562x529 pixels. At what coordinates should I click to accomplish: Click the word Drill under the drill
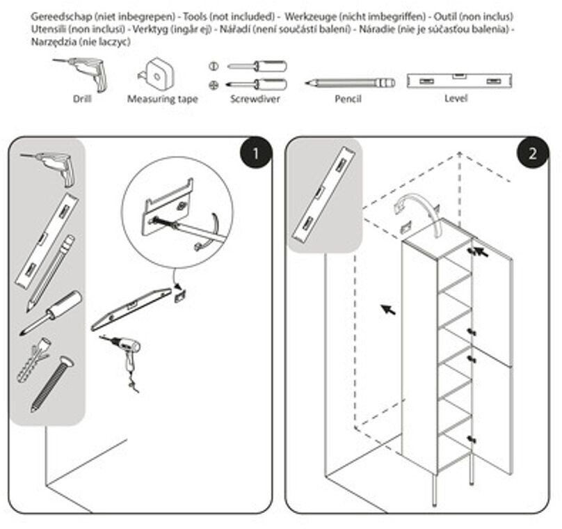point(82,99)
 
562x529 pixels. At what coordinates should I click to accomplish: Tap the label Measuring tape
point(162,100)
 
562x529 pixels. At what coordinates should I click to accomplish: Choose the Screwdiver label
point(257,100)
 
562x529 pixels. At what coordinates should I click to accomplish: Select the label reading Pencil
point(348,100)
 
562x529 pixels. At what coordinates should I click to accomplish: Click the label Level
point(456,98)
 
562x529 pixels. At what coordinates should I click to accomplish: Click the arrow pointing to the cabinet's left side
point(387,308)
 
